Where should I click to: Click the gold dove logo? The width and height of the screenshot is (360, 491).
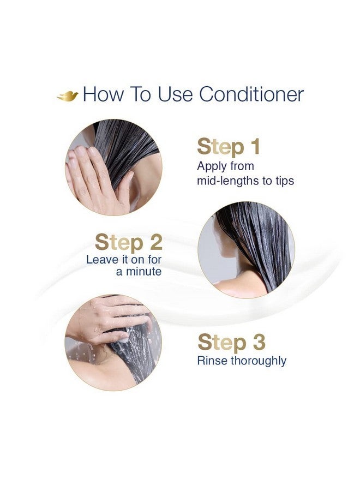(68, 95)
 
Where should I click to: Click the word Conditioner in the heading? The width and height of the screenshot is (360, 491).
(251, 94)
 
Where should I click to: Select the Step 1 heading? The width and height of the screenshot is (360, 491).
(229, 147)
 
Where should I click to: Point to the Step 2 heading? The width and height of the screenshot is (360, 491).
(128, 242)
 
